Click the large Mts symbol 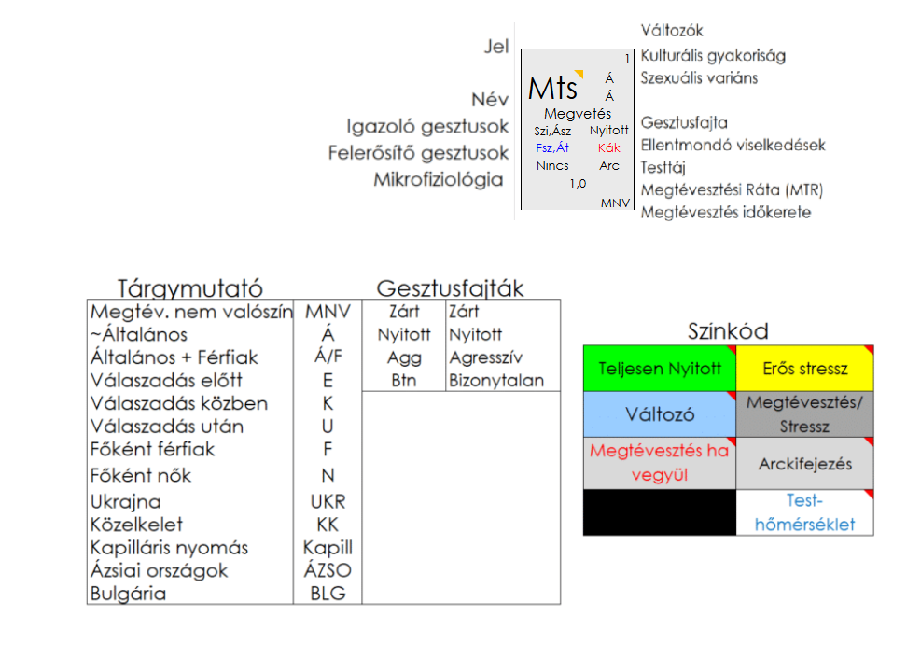(552, 89)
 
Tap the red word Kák (609, 147)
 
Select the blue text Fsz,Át (552, 147)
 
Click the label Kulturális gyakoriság (713, 56)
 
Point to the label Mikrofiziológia (438, 179)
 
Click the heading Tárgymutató (189, 287)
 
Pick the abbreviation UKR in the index (328, 502)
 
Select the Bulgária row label (128, 594)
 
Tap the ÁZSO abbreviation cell (328, 570)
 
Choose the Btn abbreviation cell (404, 381)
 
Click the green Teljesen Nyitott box (660, 369)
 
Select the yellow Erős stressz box (805, 369)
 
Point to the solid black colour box (660, 512)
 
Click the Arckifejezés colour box (805, 464)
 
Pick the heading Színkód (728, 331)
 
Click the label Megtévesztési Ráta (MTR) (732, 190)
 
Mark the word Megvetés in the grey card (578, 114)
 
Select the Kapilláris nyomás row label (169, 548)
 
